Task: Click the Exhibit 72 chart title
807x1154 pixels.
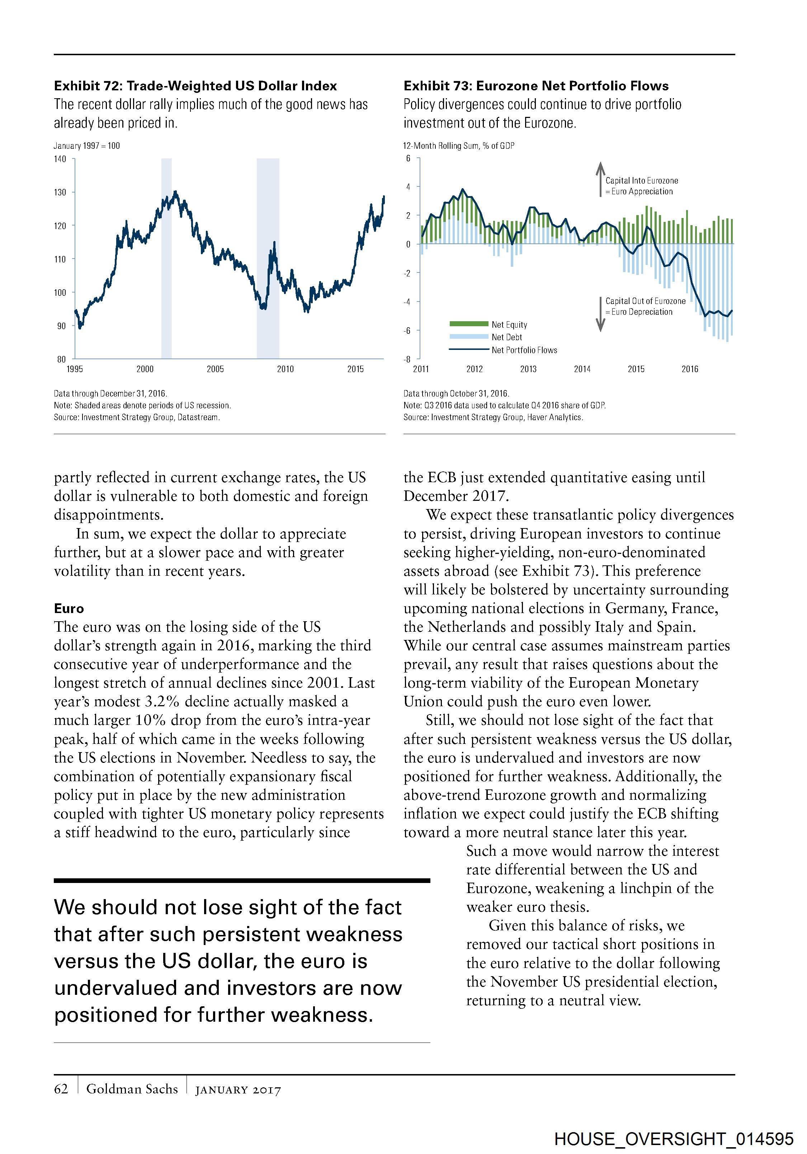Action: pos(195,86)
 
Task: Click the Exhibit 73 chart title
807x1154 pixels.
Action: pos(536,86)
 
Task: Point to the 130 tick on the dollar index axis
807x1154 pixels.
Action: pos(60,192)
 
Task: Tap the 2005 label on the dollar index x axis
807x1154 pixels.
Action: pos(215,369)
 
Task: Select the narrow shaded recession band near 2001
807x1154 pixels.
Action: pos(166,258)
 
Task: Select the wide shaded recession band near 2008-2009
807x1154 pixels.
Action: pos(268,258)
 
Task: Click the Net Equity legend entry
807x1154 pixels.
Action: pos(509,325)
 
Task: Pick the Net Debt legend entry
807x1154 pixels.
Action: pos(506,337)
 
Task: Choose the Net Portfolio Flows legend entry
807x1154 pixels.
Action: pos(524,350)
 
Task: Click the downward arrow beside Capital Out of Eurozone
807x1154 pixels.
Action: pos(600,314)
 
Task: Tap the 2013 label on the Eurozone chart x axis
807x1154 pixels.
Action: pos(528,369)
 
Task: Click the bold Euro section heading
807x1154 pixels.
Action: pos(69,609)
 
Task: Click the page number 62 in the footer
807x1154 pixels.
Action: pos(61,1089)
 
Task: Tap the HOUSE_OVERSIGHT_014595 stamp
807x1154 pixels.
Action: pos(674,1139)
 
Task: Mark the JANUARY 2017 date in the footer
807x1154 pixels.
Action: pos(238,1090)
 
